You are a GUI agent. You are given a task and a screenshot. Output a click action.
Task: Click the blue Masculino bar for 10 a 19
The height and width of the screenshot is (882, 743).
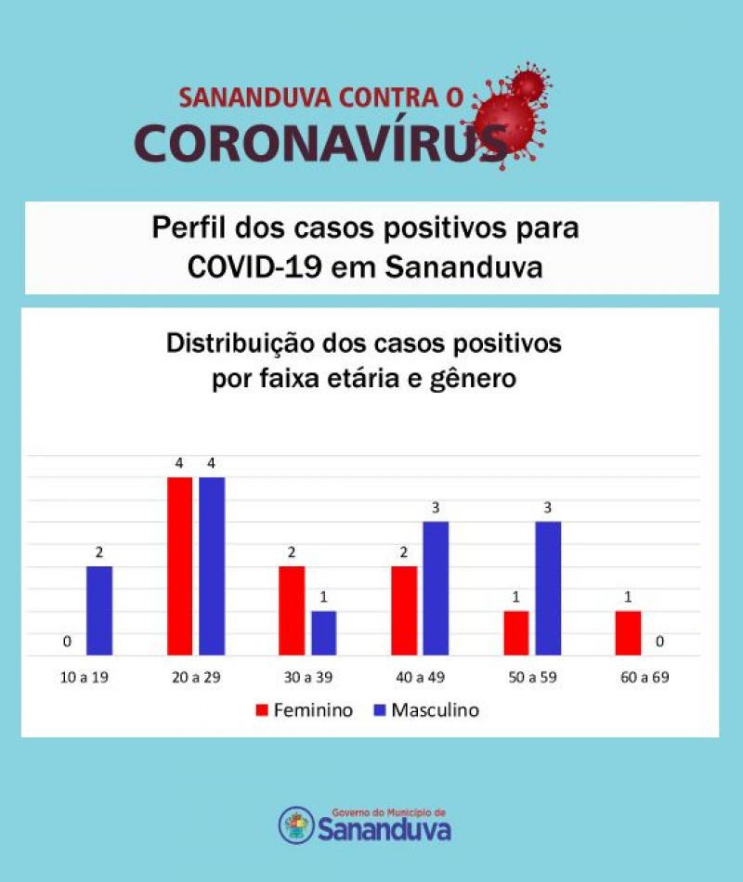click(99, 611)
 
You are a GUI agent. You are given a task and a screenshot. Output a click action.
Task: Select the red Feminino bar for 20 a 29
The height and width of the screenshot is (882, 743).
click(179, 566)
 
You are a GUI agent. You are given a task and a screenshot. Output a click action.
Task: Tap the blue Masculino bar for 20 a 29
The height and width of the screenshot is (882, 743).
click(212, 566)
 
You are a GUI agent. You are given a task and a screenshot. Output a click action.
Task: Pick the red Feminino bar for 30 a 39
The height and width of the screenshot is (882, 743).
click(292, 611)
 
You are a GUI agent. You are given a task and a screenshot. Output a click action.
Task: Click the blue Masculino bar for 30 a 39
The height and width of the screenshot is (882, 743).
click(323, 633)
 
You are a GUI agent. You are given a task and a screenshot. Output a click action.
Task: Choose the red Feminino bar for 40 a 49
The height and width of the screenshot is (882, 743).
click(404, 611)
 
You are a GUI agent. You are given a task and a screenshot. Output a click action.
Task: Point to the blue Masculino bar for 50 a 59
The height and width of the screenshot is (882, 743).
click(548, 589)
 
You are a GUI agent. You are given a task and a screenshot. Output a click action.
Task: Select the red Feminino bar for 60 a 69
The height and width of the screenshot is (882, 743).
click(628, 633)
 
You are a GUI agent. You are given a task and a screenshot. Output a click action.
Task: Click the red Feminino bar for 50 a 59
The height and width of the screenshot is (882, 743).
click(515, 633)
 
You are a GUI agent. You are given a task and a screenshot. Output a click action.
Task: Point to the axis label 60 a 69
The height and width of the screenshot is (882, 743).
click(641, 677)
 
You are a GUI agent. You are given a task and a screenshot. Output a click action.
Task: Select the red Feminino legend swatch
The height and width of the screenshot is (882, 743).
click(262, 711)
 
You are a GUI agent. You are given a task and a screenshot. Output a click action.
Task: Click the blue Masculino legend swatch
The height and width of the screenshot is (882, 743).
click(379, 711)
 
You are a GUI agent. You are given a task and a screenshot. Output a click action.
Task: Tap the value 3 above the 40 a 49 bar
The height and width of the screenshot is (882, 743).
click(436, 507)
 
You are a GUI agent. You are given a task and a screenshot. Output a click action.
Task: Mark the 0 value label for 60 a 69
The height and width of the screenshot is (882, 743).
click(660, 642)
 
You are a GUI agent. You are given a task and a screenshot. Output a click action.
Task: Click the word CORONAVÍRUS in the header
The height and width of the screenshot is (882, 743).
click(320, 141)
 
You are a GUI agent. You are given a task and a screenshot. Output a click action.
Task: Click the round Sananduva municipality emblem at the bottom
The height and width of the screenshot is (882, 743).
click(296, 824)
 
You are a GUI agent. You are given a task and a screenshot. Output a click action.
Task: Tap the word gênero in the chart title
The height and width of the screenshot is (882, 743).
click(472, 379)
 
